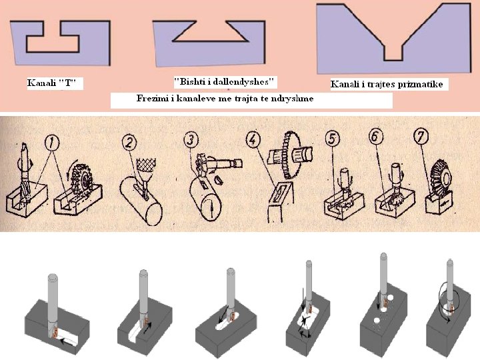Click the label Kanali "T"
coord(52,83)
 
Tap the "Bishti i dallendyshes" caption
coord(225,82)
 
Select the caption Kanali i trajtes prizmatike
coord(387,85)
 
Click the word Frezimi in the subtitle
coord(154,99)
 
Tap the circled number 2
coord(130,141)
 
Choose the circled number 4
coord(252,141)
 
